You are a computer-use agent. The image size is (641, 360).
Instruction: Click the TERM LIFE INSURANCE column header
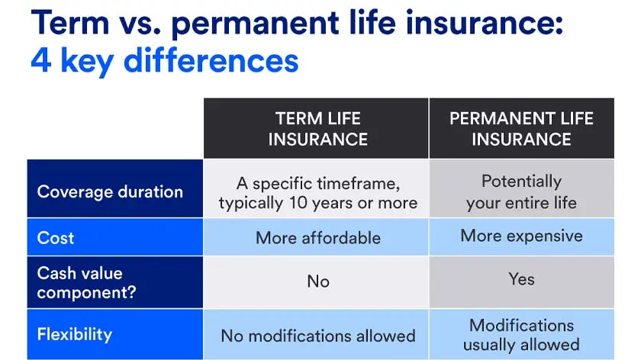pyautogui.click(x=317, y=129)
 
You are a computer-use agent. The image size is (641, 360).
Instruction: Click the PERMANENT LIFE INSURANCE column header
pyautogui.click(x=521, y=129)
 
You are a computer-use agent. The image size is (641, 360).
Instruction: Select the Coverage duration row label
pyautogui.click(x=110, y=191)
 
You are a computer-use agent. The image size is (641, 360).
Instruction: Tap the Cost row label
pyautogui.click(x=56, y=238)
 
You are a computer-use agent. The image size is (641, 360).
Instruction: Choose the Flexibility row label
pyautogui.click(x=75, y=334)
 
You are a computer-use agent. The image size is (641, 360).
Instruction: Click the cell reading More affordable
pyautogui.click(x=317, y=238)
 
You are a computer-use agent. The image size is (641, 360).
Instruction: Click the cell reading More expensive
pyautogui.click(x=521, y=236)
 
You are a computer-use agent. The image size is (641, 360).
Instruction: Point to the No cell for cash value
pyautogui.click(x=317, y=281)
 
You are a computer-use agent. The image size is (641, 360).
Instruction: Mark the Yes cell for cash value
pyautogui.click(x=521, y=279)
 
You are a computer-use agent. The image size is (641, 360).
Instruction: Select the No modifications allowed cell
pyautogui.click(x=317, y=336)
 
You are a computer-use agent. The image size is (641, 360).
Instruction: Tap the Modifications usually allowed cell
pyautogui.click(x=521, y=334)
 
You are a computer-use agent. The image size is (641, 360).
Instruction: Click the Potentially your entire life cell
pyautogui.click(x=521, y=192)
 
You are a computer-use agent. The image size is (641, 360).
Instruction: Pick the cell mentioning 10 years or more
pyautogui.click(x=317, y=193)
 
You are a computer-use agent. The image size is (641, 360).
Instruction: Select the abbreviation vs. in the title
pyautogui.click(x=143, y=23)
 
